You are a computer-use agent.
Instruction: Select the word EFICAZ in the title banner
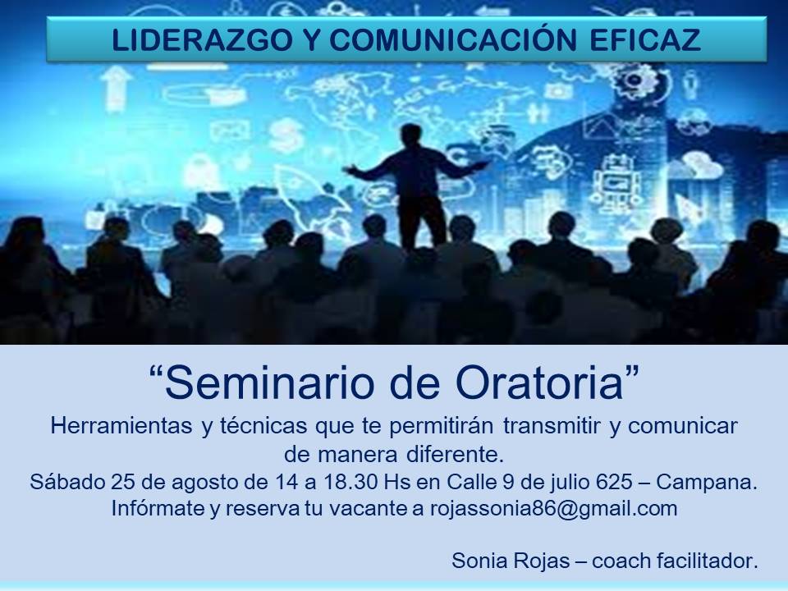point(645,40)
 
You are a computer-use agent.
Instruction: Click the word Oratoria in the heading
point(540,383)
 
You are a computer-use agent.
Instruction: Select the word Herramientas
point(121,426)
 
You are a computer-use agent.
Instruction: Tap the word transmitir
point(552,426)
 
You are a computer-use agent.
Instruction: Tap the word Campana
point(707,483)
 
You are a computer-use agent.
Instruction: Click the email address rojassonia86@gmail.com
point(554,509)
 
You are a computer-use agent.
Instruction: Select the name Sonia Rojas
point(511,561)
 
